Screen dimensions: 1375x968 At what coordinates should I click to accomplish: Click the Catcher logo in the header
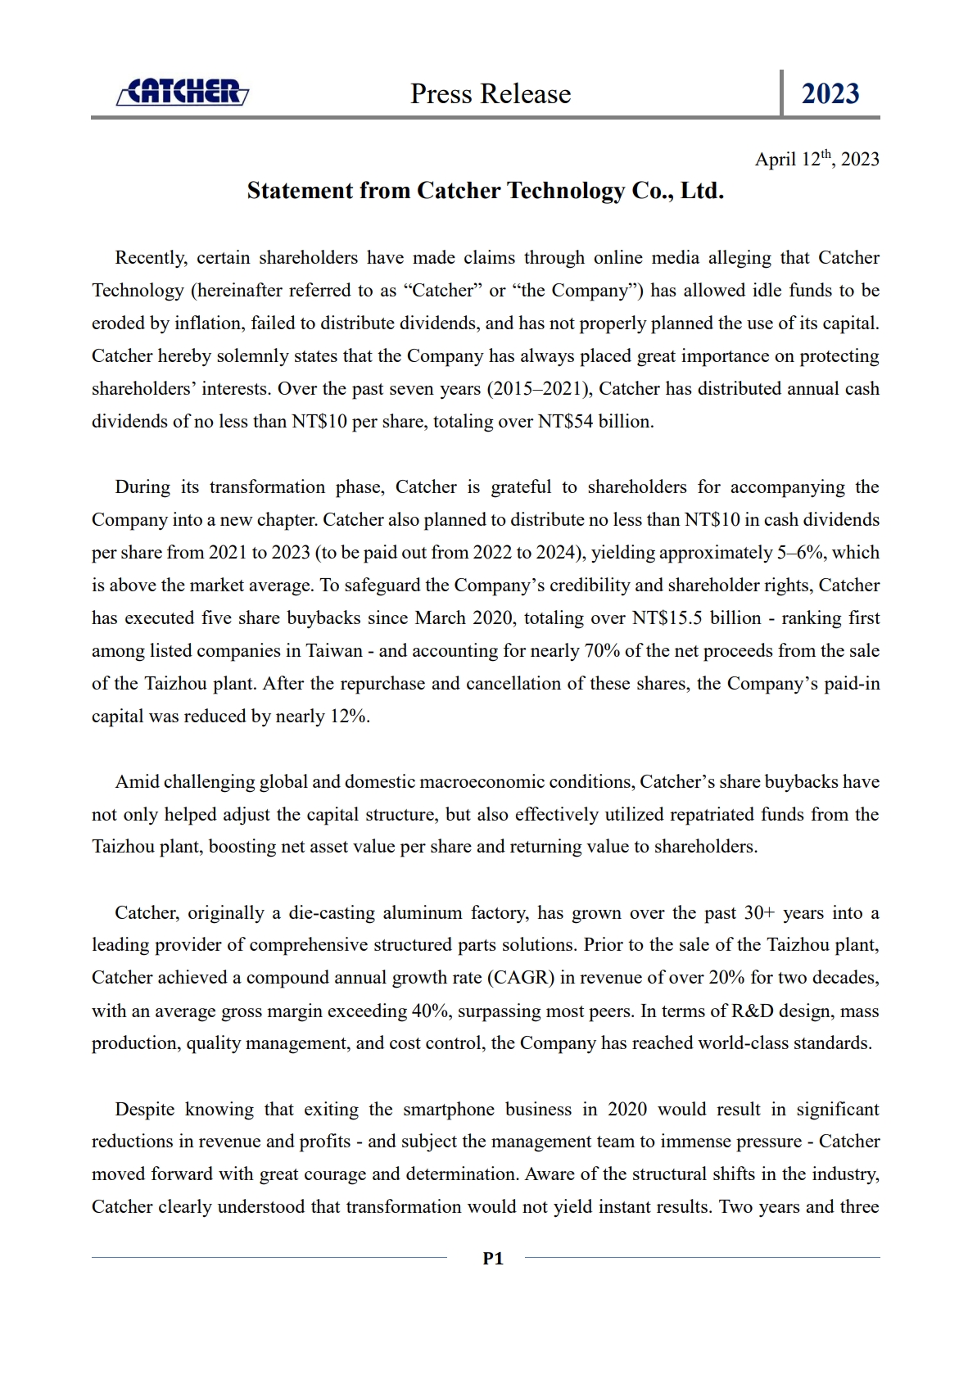point(182,93)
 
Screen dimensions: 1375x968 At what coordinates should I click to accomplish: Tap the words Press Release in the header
point(490,94)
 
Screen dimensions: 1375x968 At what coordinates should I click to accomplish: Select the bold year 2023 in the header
point(830,94)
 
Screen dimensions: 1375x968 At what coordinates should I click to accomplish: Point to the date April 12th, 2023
point(816,159)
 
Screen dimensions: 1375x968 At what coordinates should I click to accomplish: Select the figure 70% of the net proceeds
point(601,651)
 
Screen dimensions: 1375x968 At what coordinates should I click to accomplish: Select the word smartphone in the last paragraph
point(448,1110)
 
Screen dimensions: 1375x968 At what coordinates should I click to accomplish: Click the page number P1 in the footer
point(493,1259)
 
